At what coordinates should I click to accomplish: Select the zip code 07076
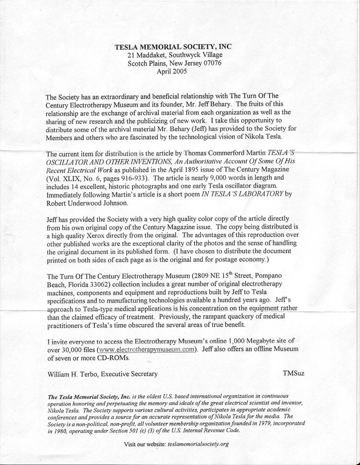tap(212, 63)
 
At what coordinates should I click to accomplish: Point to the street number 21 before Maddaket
tap(131, 55)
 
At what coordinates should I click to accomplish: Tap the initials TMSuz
tap(293, 374)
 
